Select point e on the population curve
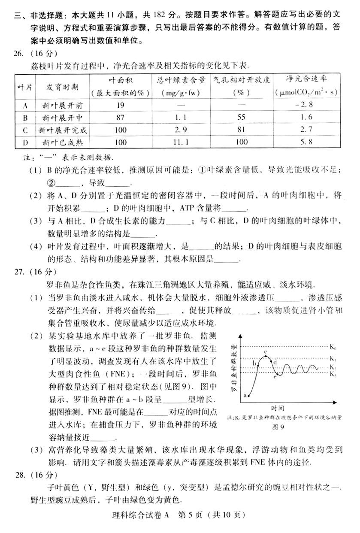point(275,377)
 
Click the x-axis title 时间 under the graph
point(277,408)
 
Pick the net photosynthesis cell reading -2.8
point(306,105)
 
